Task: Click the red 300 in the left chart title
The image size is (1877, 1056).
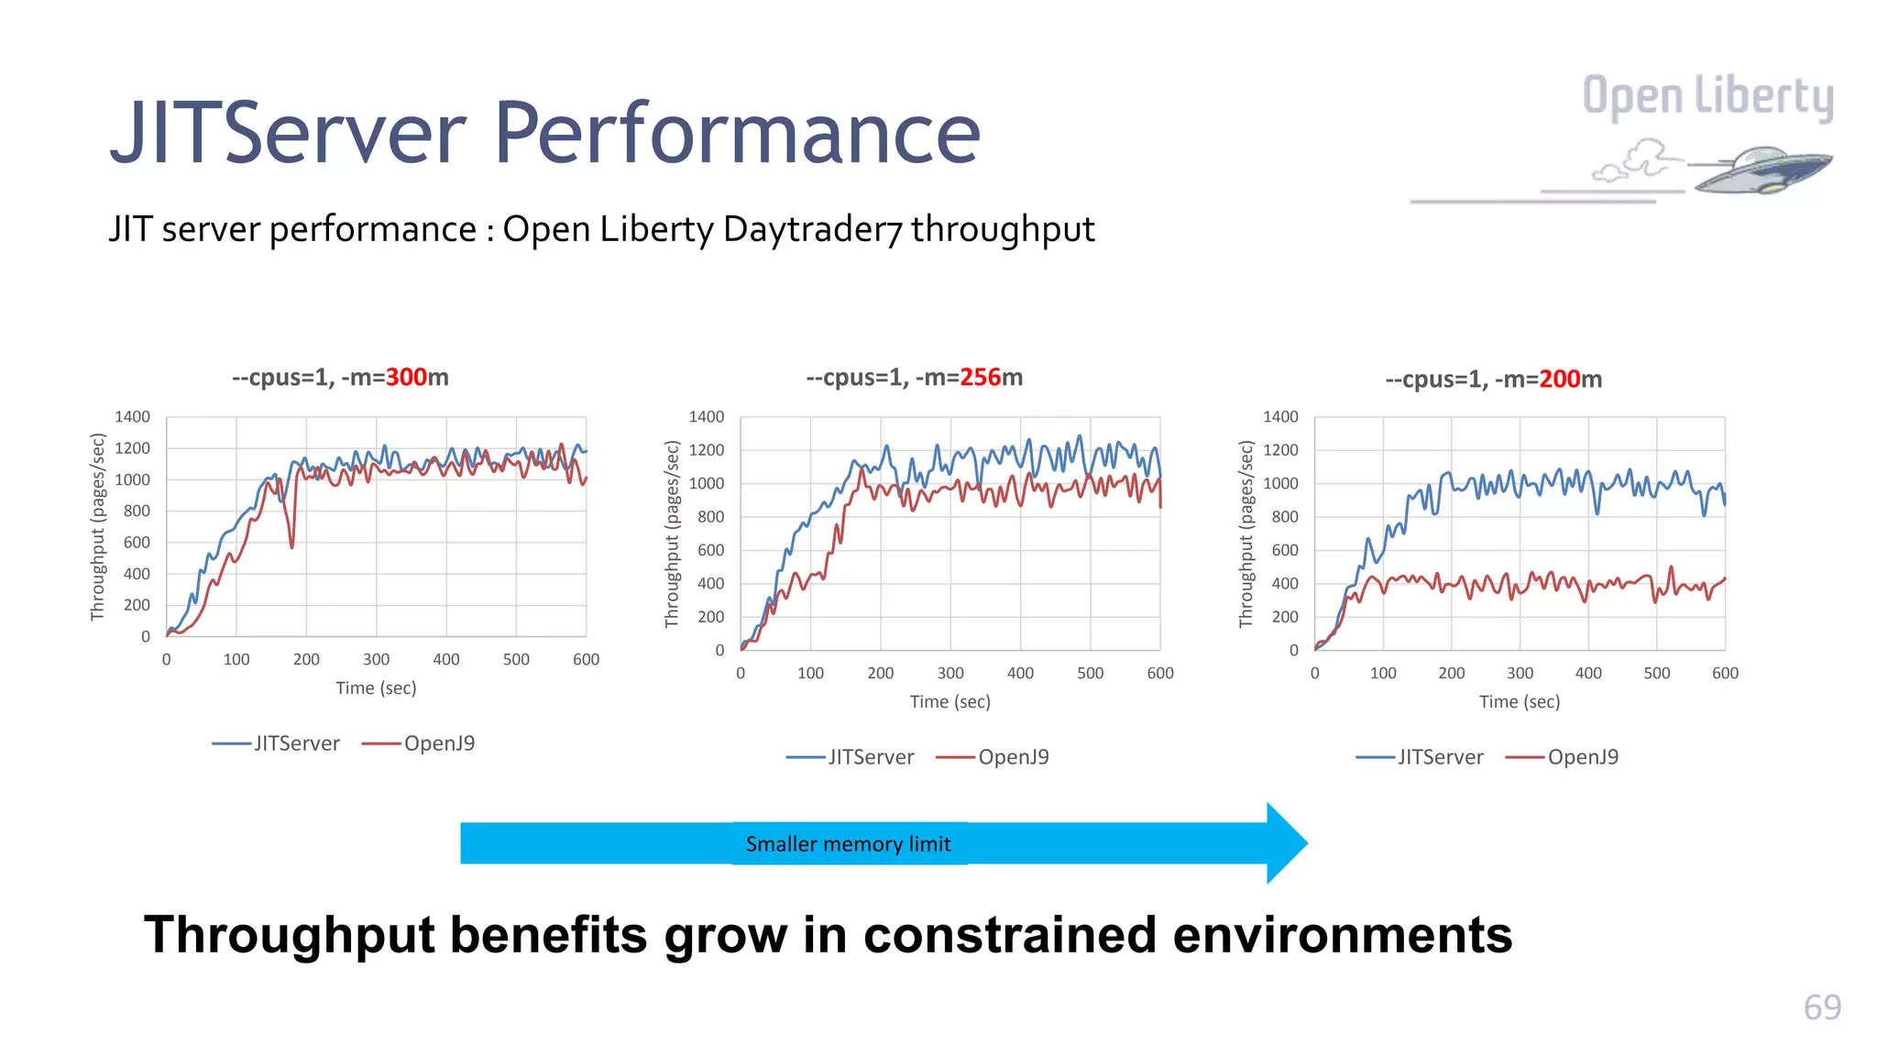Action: click(x=406, y=378)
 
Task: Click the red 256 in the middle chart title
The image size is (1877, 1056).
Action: click(x=980, y=378)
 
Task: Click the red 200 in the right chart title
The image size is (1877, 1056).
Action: click(x=1559, y=379)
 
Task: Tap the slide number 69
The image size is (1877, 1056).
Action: click(x=1821, y=1007)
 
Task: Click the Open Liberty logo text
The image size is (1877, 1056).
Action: click(x=1707, y=97)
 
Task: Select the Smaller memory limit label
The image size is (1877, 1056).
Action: click(x=848, y=844)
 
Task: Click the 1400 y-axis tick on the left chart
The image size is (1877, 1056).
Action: click(x=132, y=417)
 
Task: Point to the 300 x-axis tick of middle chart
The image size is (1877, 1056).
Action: click(x=950, y=673)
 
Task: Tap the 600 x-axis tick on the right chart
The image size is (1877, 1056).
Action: click(x=1724, y=673)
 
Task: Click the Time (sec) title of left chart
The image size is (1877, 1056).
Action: click(x=376, y=688)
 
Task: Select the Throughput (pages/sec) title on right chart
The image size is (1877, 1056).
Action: click(x=1246, y=534)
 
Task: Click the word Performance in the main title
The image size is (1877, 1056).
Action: click(x=737, y=134)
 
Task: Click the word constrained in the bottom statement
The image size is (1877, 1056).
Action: click(x=1010, y=936)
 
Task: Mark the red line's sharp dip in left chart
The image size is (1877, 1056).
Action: click(x=292, y=546)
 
